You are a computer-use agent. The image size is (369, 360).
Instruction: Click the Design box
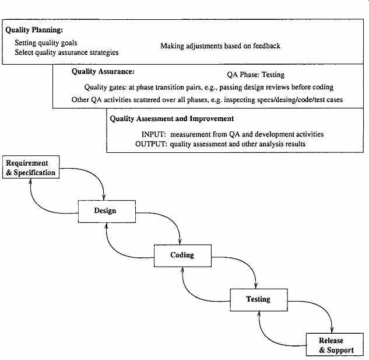click(107, 211)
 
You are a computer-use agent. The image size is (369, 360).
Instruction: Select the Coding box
click(182, 256)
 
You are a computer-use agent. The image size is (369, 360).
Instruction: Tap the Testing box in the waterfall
click(259, 300)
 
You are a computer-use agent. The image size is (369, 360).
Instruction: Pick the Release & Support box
click(335, 344)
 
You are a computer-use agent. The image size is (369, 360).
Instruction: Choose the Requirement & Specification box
click(31, 167)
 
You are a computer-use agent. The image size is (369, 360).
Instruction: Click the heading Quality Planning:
click(34, 30)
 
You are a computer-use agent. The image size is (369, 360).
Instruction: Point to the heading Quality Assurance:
click(103, 71)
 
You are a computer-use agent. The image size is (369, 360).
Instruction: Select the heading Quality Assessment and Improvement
click(172, 118)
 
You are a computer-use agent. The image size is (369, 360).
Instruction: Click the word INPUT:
click(154, 134)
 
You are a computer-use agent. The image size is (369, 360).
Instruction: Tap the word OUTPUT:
click(151, 144)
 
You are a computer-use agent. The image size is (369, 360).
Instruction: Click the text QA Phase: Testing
click(256, 75)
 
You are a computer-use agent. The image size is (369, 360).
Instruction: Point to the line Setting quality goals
click(46, 43)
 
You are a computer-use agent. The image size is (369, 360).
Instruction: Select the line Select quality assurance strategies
click(66, 53)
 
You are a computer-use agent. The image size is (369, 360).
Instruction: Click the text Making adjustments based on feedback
click(220, 46)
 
